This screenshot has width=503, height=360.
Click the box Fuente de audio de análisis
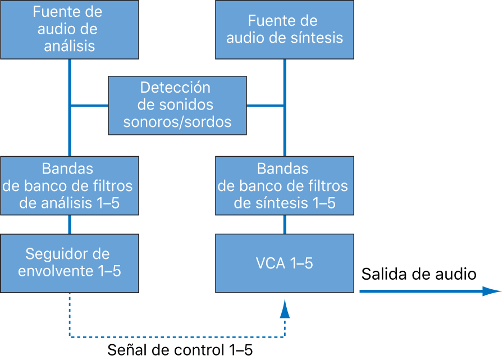pos(70,29)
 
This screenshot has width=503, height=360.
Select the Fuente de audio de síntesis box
pos(285,29)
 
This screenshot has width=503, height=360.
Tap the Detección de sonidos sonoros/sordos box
pos(177,105)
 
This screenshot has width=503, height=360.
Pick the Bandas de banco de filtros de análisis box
pos(70,185)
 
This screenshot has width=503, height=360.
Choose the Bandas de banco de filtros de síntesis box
pos(285,185)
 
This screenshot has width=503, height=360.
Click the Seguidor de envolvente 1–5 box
pos(70,263)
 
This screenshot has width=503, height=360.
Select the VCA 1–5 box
pos(285,263)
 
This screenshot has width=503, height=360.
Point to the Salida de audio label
pos(418,274)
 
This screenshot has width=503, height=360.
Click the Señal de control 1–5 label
pos(180,350)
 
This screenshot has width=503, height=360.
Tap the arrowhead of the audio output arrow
pos(492,291)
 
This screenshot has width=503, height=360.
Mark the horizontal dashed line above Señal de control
pos(177,336)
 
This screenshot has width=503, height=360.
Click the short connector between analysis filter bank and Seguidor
pos(70,225)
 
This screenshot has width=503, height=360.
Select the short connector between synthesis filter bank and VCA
pos(285,225)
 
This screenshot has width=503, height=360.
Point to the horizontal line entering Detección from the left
pos(89,105)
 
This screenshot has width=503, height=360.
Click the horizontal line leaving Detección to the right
pos(266,105)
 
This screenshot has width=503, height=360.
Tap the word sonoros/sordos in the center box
pos(177,121)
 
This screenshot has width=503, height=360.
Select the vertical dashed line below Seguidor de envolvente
pos(70,315)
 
